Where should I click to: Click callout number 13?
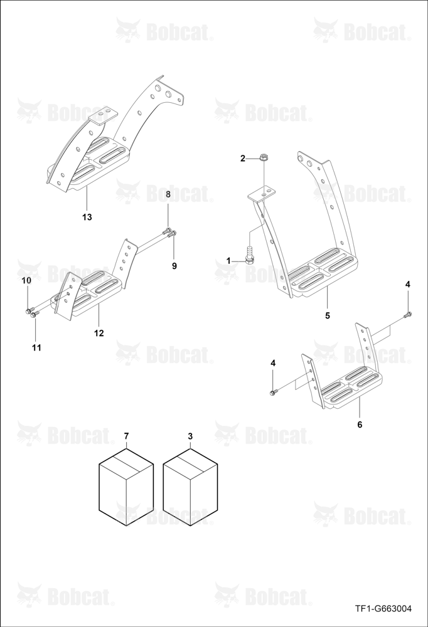(x=87, y=217)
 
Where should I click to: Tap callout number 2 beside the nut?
(x=243, y=159)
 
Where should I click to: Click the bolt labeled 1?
(x=249, y=256)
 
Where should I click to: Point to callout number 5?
(x=328, y=315)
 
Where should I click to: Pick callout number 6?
(x=360, y=424)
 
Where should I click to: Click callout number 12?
(x=99, y=333)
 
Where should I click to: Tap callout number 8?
(x=168, y=194)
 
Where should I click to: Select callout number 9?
(x=174, y=266)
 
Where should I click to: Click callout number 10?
(x=26, y=281)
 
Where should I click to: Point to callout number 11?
(x=36, y=347)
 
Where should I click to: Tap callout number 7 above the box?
(x=127, y=435)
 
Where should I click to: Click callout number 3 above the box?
(x=190, y=435)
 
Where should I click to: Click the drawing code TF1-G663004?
(x=383, y=609)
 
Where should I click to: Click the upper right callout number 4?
(x=407, y=284)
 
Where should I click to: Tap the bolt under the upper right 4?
(x=407, y=315)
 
